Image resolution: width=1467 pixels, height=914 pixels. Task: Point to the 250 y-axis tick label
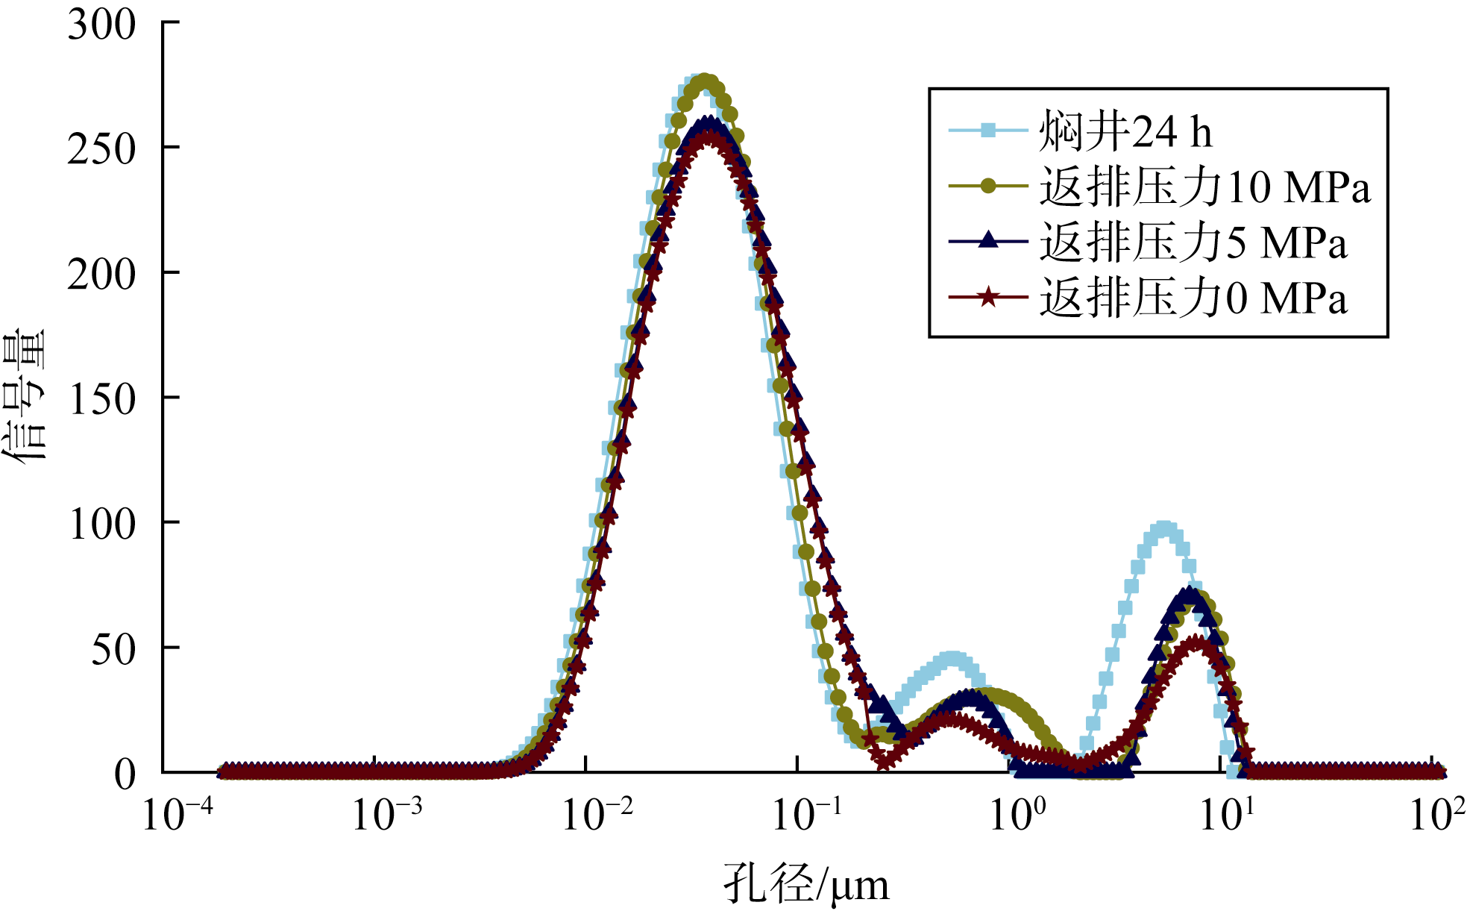click(102, 149)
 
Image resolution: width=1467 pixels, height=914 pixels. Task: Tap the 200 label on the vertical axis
click(102, 275)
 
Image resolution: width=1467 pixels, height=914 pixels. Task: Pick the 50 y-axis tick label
click(113, 649)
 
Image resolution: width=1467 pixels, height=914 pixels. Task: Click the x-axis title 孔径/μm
click(806, 884)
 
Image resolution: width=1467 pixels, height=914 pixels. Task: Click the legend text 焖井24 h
click(1125, 131)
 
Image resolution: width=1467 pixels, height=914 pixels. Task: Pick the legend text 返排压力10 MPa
click(1204, 187)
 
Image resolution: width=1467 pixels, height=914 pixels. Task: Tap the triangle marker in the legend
click(987, 240)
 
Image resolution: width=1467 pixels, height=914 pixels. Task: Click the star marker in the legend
click(987, 298)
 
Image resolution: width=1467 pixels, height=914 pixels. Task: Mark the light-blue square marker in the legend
click(987, 131)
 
